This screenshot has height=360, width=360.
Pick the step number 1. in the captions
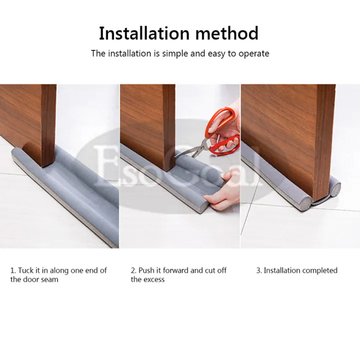coord(13,270)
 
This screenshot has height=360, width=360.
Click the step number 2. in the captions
coord(133,270)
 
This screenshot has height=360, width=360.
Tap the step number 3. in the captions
coord(259,270)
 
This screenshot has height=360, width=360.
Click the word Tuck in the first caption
coord(26,270)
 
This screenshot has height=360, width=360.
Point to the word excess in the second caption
coord(154,279)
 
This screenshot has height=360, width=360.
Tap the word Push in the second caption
coord(147,270)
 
